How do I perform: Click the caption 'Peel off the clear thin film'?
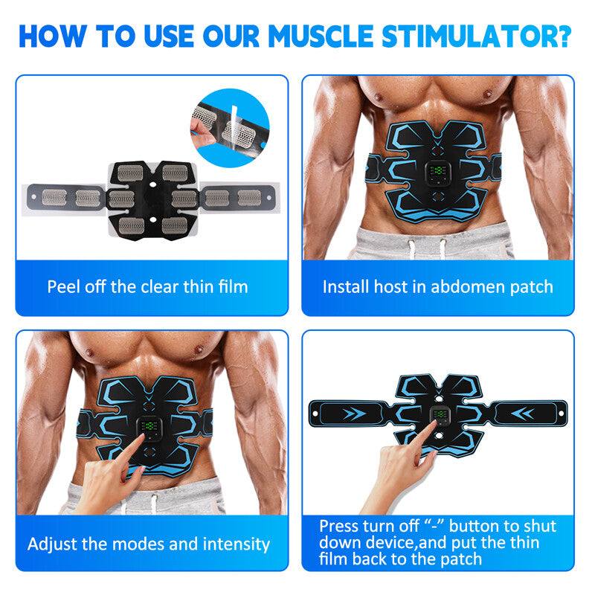click(x=147, y=286)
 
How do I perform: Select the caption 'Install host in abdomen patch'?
click(x=437, y=286)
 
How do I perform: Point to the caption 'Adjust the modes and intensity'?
click(x=149, y=544)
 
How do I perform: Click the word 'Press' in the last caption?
click(x=344, y=527)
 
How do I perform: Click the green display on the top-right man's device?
click(x=437, y=171)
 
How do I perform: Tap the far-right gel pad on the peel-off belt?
click(x=249, y=197)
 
